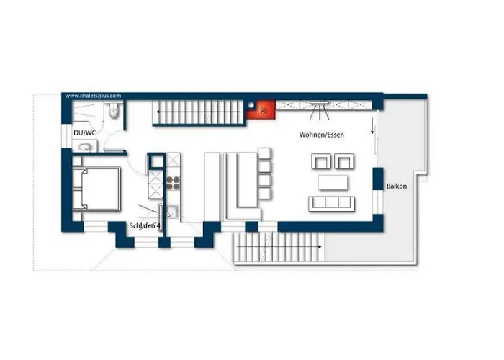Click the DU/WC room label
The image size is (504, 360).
85,132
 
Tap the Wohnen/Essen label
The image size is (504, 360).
321,135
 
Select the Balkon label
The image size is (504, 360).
397,186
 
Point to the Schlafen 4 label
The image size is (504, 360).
145,225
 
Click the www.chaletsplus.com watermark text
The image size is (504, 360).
93,96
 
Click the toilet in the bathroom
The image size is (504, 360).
114,111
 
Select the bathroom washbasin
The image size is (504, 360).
85,148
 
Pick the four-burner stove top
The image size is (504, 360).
173,183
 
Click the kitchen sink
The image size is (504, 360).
172,212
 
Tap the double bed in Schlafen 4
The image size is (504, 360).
96,189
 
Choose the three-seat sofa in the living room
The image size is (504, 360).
331,204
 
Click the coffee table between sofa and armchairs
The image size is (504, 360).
333,183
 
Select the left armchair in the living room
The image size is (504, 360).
321,161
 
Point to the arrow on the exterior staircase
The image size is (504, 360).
279,247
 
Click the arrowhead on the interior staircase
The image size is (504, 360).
158,112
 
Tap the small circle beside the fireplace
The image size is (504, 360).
251,105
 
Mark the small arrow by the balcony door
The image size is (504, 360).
372,126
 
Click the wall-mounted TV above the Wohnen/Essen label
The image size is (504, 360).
319,103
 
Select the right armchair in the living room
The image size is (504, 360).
344,161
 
